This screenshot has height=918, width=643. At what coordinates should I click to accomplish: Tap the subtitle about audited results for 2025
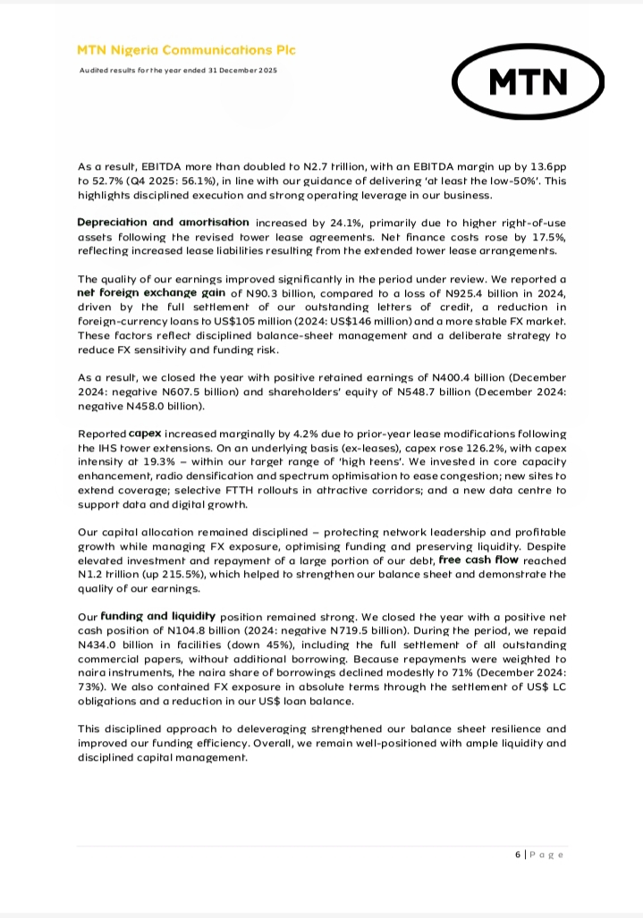[x=179, y=70]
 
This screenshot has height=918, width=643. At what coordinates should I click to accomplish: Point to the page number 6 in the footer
[x=518, y=855]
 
